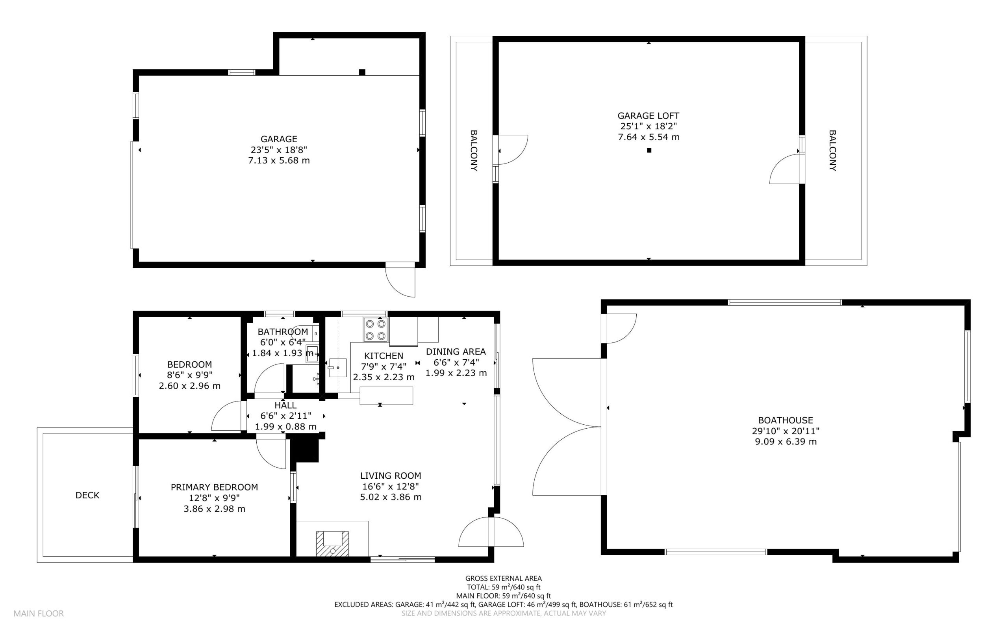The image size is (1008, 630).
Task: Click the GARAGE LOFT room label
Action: pos(648,116)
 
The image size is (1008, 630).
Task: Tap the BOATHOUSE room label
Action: pos(786,420)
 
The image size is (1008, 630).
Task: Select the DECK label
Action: pos(87,495)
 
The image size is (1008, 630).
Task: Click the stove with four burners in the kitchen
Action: pos(376,330)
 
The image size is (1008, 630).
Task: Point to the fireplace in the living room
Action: pos(332,543)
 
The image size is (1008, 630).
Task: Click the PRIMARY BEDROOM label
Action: pos(215,487)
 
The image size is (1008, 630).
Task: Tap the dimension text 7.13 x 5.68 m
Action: pos(279,160)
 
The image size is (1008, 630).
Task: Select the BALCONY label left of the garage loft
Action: pos(474,151)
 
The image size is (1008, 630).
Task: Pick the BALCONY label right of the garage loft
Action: pos(832,151)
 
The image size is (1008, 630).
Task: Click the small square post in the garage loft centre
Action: pos(649,151)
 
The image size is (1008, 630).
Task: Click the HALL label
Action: pos(285,405)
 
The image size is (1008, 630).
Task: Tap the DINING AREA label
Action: pos(456,352)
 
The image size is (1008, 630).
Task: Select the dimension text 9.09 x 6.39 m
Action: pos(786,442)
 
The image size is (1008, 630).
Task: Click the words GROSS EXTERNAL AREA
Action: pos(503,578)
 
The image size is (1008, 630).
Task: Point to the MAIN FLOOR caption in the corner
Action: pos(39,613)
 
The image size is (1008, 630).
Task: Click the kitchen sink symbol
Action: pos(338,368)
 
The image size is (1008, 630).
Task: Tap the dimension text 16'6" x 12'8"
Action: pos(391,486)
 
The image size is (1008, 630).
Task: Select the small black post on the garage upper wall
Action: pos(362,72)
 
